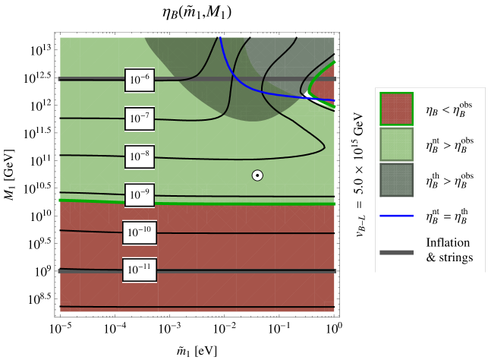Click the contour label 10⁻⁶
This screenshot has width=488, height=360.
click(140, 80)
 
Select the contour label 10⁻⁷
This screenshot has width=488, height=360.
click(140, 118)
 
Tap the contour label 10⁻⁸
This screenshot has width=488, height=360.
click(140, 156)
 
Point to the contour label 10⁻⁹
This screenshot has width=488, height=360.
click(140, 195)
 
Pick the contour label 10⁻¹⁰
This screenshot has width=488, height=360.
click(140, 232)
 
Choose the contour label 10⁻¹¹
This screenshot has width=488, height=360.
click(140, 270)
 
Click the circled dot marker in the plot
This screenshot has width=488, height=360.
click(257, 175)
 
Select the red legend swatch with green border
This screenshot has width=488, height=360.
click(396, 109)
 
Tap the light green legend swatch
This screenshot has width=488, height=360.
click(396, 144)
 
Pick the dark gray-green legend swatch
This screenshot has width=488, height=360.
click(396, 180)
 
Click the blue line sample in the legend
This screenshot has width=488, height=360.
click(396, 216)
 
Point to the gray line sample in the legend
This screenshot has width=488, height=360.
click(396, 251)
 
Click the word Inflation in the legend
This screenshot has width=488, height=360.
click(447, 243)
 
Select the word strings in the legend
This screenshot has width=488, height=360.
click(455, 258)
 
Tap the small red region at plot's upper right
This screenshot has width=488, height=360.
click(326, 84)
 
